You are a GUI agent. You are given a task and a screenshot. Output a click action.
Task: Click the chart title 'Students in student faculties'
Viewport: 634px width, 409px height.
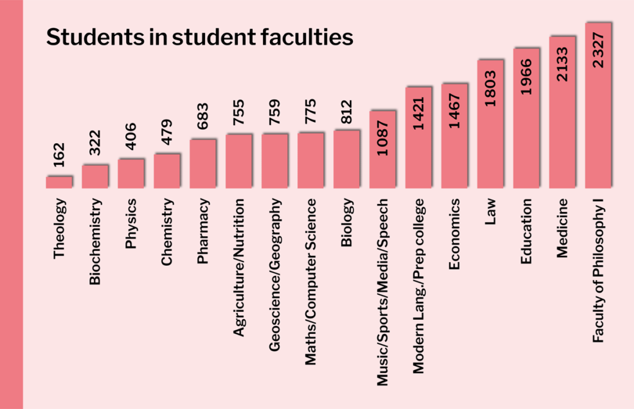(x=199, y=37)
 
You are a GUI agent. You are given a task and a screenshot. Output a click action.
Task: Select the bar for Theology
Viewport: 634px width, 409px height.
(x=59, y=182)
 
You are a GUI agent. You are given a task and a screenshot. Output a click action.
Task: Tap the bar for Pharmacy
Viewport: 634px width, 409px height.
(x=202, y=163)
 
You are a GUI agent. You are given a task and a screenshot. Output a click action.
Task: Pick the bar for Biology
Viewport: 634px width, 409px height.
(x=347, y=159)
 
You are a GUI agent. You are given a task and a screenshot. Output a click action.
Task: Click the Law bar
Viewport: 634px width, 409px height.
(x=490, y=123)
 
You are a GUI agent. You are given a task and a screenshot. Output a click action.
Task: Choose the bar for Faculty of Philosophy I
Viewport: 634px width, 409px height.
(x=598, y=105)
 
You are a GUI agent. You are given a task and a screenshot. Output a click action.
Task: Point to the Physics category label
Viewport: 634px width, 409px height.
(x=131, y=224)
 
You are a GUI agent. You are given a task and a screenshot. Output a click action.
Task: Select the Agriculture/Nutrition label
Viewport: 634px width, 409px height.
(x=238, y=268)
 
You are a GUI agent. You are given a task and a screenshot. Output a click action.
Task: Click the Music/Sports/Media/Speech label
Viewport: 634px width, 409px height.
(x=383, y=292)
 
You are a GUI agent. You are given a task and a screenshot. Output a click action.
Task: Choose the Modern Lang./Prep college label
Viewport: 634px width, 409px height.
(x=419, y=286)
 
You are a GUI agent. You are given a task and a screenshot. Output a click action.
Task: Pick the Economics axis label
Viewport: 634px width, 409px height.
(x=454, y=234)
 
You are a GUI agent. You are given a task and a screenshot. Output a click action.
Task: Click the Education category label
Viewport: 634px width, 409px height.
(x=526, y=231)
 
